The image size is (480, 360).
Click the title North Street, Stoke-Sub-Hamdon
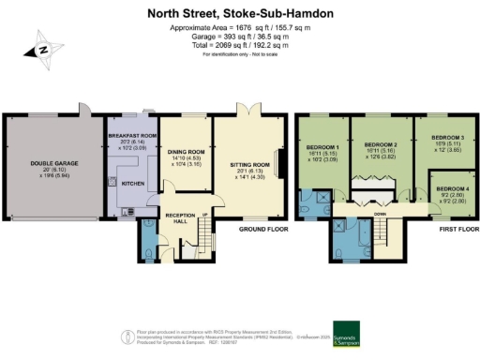[240, 14]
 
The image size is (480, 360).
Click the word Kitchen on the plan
[133, 184]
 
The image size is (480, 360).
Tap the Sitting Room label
[249, 164]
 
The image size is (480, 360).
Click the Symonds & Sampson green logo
[345, 335]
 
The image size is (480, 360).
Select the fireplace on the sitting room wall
[278, 160]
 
